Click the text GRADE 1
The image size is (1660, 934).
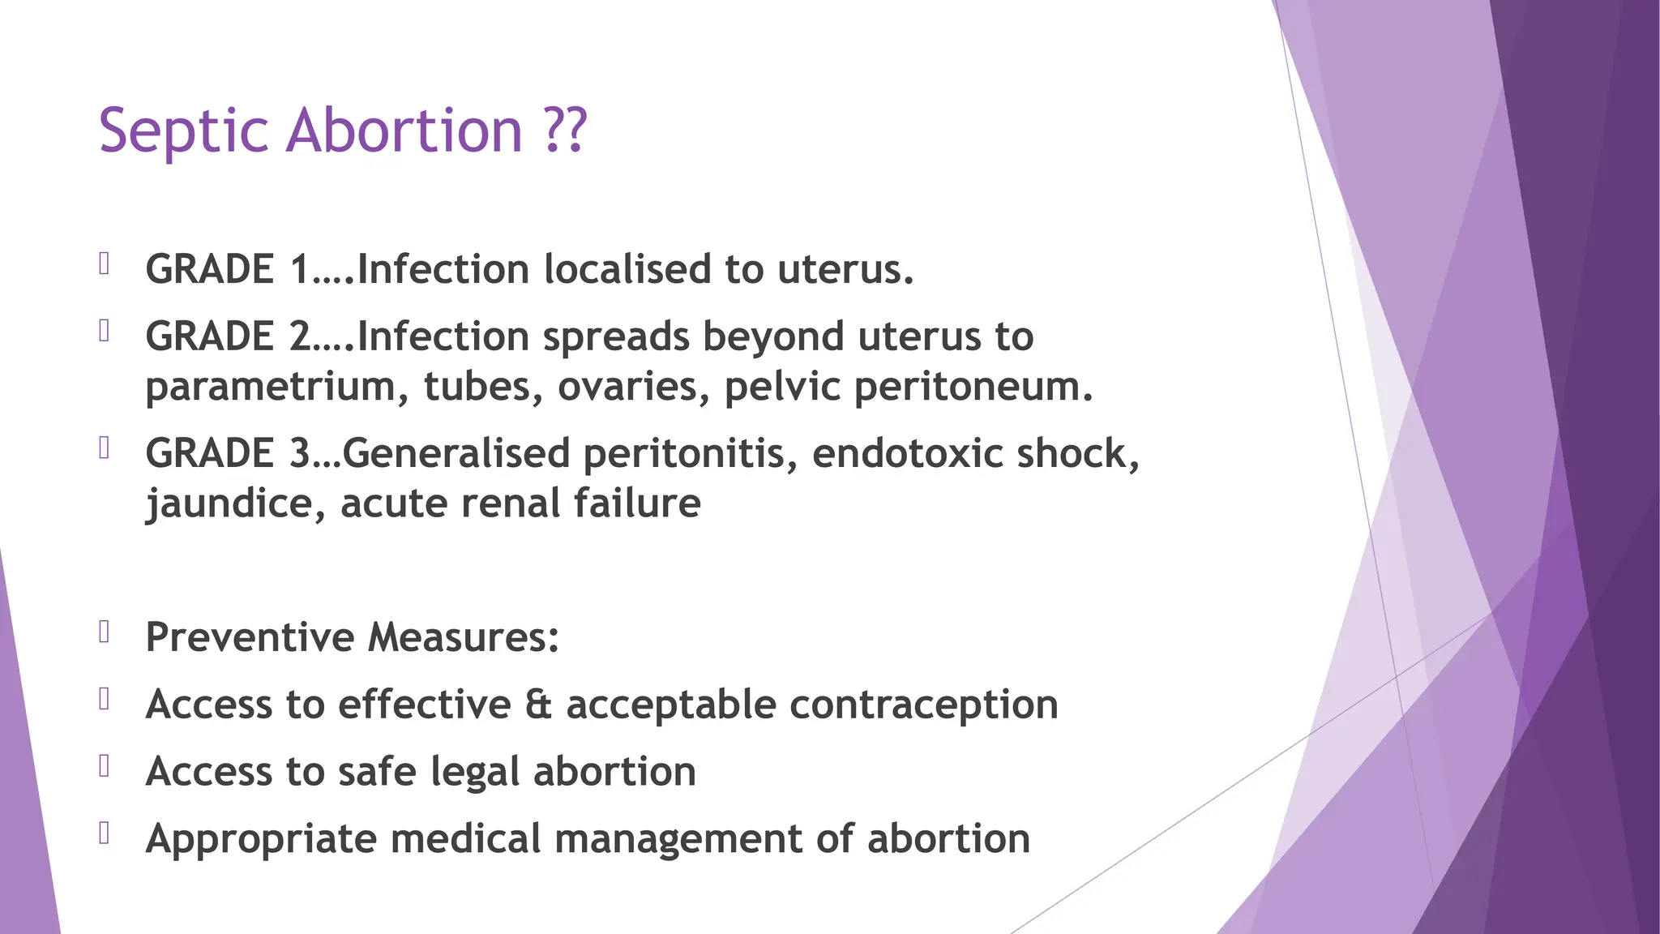click(x=228, y=269)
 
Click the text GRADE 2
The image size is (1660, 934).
click(x=228, y=336)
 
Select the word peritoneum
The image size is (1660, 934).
click(x=973, y=387)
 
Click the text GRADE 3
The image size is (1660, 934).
click(x=228, y=453)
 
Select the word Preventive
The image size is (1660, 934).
click(x=250, y=637)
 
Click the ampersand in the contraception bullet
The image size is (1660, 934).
click(x=538, y=705)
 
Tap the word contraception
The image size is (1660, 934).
click(x=924, y=705)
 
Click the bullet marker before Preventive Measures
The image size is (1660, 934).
click(x=105, y=632)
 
